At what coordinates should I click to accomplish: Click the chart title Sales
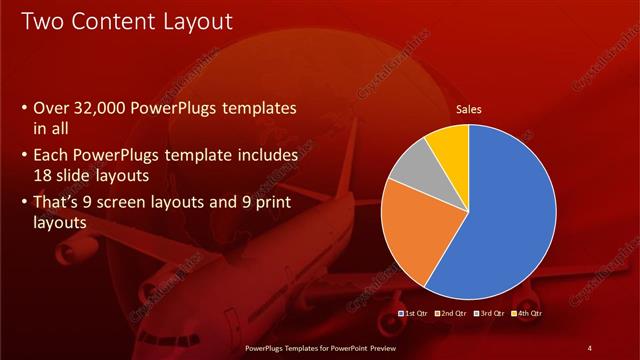tap(469, 111)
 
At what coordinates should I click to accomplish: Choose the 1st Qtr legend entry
tap(414, 314)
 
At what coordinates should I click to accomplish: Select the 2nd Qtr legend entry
tap(451, 314)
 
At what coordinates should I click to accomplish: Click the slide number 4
tap(590, 347)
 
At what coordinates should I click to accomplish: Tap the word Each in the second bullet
tap(52, 155)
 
